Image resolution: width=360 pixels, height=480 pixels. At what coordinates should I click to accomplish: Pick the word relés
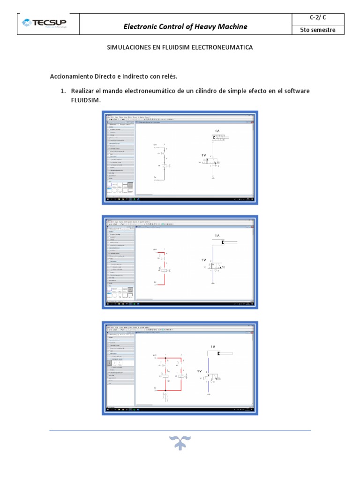coord(168,76)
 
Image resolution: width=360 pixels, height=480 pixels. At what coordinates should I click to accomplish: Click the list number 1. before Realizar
coord(64,90)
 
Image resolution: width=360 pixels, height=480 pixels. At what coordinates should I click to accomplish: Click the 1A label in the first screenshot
coord(217,131)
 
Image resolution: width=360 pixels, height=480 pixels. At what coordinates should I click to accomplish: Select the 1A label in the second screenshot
coord(217,235)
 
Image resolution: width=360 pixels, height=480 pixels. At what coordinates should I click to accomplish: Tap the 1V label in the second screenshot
coord(203,259)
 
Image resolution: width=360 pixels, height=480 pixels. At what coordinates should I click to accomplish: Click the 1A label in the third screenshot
coord(213,346)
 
